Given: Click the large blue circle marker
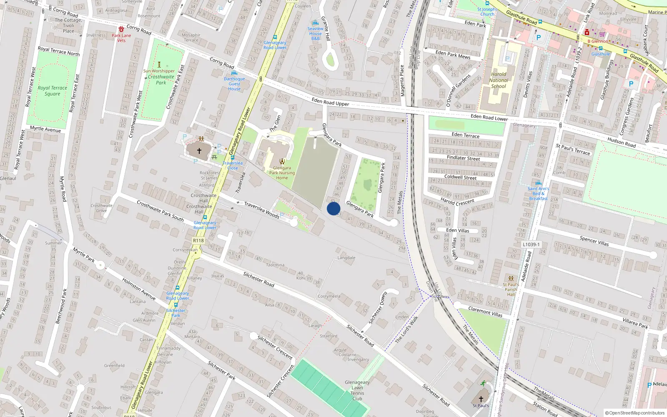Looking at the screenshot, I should (x=333, y=208).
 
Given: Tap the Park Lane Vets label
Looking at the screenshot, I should (x=121, y=38).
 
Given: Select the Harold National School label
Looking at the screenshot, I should (x=499, y=80).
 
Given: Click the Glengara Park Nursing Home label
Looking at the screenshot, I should (x=282, y=173).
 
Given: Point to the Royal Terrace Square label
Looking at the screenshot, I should (x=52, y=91).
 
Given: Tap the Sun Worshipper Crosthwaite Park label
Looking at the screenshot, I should (x=160, y=77).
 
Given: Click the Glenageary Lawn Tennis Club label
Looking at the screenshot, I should (x=357, y=390).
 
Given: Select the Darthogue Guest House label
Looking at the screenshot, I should (x=234, y=84).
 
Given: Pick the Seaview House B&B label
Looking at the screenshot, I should (x=316, y=33).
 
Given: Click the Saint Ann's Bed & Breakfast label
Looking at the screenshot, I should (x=538, y=193).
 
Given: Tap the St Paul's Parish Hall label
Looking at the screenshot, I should (x=511, y=289).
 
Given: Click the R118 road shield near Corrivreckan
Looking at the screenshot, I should (x=198, y=241).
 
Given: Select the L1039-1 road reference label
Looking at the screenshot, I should (x=531, y=244).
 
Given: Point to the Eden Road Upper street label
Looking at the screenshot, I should (x=330, y=102).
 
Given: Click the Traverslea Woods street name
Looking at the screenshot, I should (x=261, y=210).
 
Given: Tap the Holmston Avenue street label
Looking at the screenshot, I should (x=139, y=289).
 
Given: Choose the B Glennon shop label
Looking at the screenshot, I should (x=598, y=41).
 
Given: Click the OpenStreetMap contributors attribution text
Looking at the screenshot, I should (x=635, y=413).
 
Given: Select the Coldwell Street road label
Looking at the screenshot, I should (x=460, y=177).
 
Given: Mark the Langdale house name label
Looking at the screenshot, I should (x=346, y=258).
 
